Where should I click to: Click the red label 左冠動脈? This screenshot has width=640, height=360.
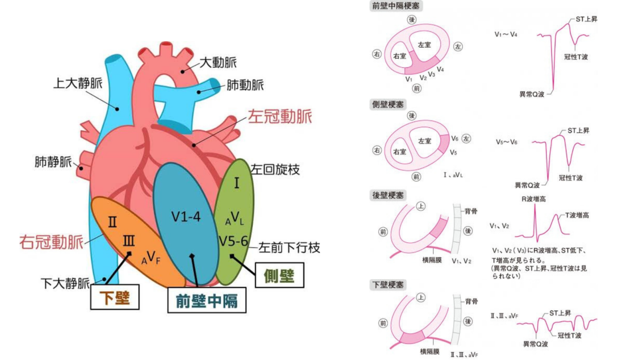pyautogui.click(x=280, y=117)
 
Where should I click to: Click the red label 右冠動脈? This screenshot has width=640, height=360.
pyautogui.click(x=51, y=242)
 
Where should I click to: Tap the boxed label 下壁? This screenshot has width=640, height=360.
pyautogui.click(x=115, y=297)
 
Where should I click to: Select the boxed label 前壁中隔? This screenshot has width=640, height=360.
pyautogui.click(x=207, y=300)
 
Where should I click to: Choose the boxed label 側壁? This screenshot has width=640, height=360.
pyautogui.click(x=279, y=275)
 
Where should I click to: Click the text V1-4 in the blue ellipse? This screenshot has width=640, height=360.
pyautogui.click(x=186, y=217)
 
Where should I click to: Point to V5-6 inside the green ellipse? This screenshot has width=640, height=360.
pyautogui.click(x=233, y=241)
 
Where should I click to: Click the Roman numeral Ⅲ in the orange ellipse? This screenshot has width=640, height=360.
pyautogui.click(x=129, y=241)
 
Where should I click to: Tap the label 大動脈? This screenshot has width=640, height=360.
pyautogui.click(x=218, y=62)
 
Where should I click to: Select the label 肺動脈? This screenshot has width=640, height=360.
pyautogui.click(x=245, y=85)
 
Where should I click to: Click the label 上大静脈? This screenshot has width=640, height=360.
pyautogui.click(x=78, y=83)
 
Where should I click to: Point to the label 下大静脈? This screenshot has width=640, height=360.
pyautogui.click(x=65, y=283)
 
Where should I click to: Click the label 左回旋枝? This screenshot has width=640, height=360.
pyautogui.click(x=275, y=170)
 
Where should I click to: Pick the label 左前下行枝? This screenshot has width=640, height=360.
pyautogui.click(x=289, y=248)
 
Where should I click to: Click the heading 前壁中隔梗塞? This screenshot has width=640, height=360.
pyautogui.click(x=396, y=6)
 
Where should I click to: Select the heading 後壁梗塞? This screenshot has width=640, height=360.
pyautogui.click(x=388, y=195)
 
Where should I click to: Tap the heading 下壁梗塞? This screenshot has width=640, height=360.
pyautogui.click(x=388, y=285)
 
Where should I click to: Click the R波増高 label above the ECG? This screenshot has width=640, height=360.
pyautogui.click(x=533, y=199)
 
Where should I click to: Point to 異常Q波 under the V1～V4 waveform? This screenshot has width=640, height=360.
pyautogui.click(x=532, y=95)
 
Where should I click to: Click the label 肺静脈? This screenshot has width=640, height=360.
pyautogui.click(x=53, y=162)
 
